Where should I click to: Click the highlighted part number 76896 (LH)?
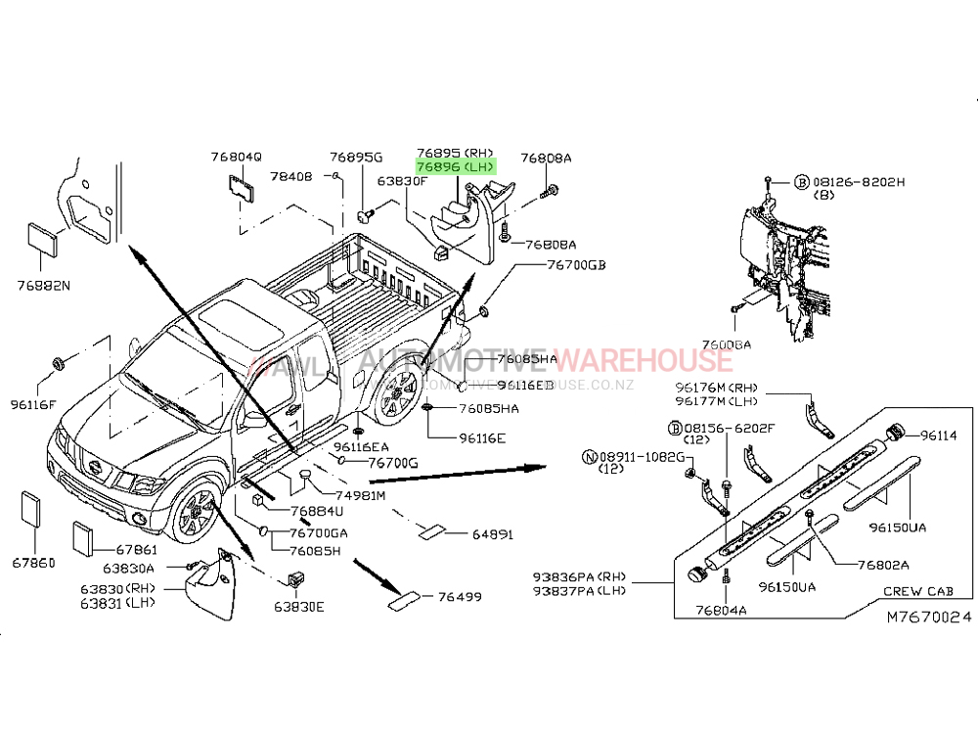(x=455, y=167)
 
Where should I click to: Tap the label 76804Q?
(x=236, y=158)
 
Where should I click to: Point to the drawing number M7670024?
(x=929, y=618)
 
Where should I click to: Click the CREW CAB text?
(x=917, y=591)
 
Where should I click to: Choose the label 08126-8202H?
(x=858, y=182)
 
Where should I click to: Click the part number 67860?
(x=32, y=563)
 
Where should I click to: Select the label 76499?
(x=460, y=596)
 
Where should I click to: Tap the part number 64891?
(x=493, y=534)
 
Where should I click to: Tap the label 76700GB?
(x=576, y=265)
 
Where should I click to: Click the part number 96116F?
(x=33, y=403)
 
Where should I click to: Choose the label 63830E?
(x=298, y=607)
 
